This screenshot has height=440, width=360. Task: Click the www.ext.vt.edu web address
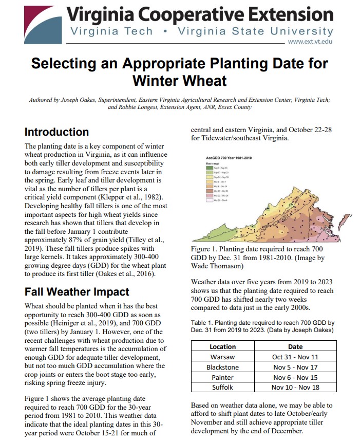click(311, 41)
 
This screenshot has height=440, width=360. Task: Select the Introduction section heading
click(56, 132)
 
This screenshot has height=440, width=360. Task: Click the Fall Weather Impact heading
click(77, 291)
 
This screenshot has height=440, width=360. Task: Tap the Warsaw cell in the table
click(223, 357)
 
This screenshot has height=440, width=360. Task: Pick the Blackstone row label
click(223, 367)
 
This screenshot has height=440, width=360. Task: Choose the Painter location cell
click(223, 377)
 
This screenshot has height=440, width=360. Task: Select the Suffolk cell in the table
click(223, 387)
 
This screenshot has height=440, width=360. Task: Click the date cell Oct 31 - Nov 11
click(295, 357)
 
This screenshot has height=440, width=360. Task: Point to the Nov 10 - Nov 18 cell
click(295, 387)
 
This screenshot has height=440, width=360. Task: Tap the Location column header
click(223, 346)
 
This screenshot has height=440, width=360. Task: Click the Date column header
click(295, 346)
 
